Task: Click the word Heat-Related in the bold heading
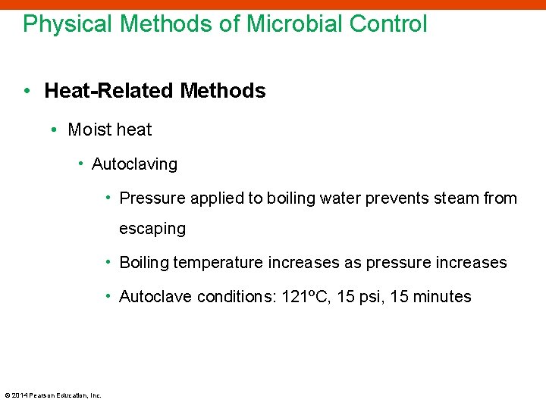coord(109,92)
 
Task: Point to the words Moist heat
coord(110,130)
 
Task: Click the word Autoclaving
coord(134,164)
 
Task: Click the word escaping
coord(152,229)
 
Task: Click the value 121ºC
coord(305,297)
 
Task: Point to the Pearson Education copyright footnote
coord(53,395)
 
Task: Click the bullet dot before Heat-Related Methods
coord(27,92)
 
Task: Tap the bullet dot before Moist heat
coord(55,130)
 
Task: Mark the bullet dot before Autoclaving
coord(80,164)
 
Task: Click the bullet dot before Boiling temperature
coord(109,262)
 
